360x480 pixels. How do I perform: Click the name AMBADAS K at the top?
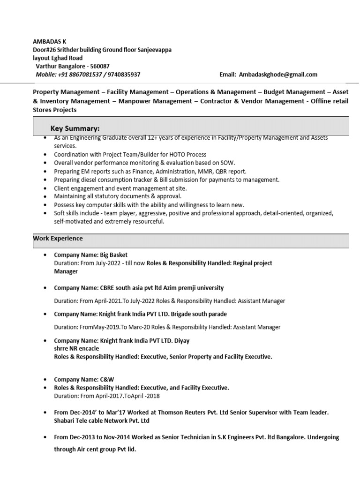(x=49, y=42)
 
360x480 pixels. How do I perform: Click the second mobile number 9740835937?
(x=124, y=75)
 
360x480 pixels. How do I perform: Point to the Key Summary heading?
(x=75, y=128)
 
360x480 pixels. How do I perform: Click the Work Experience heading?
(x=58, y=239)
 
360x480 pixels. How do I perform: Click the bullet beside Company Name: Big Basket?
(x=45, y=255)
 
